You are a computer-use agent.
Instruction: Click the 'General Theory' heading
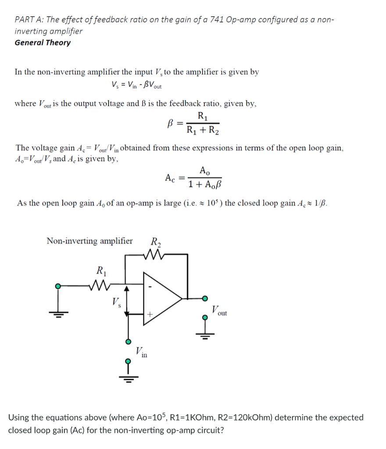pyautogui.click(x=43, y=43)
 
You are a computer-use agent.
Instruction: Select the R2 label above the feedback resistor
pyautogui.click(x=155, y=241)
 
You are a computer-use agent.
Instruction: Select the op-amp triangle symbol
pyautogui.click(x=163, y=298)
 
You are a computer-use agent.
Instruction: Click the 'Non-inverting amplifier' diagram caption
pyautogui.click(x=89, y=241)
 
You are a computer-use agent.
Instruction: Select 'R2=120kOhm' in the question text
pyautogui.click(x=241, y=417)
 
